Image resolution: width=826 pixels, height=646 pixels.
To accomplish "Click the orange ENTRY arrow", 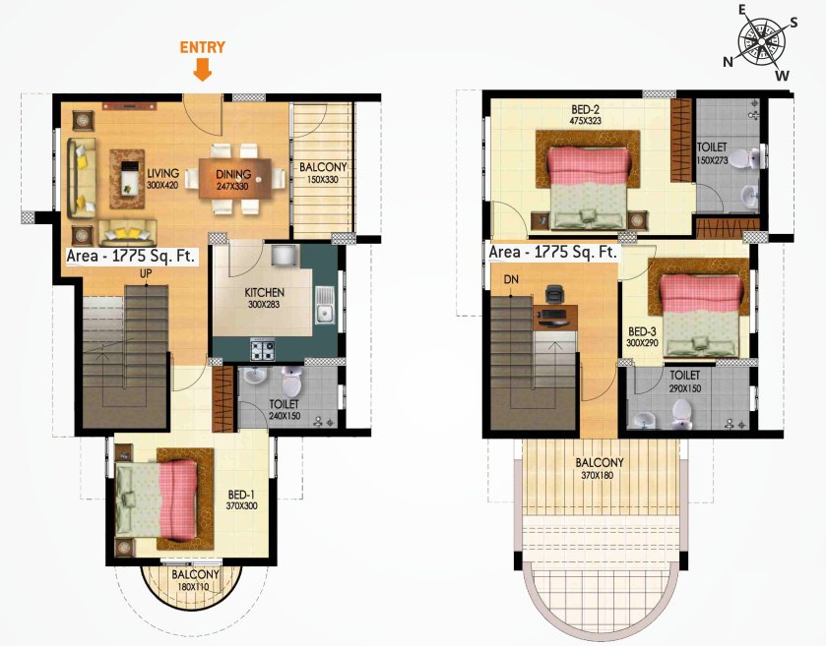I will tap(202, 69).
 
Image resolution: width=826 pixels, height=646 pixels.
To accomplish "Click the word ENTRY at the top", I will tap(202, 46).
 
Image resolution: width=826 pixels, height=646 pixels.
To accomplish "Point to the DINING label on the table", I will tap(233, 175).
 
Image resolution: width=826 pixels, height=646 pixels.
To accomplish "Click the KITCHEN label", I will tap(264, 292).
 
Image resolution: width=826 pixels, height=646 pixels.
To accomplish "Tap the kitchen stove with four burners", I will tap(263, 348).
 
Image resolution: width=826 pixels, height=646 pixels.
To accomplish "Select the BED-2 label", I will tap(585, 109).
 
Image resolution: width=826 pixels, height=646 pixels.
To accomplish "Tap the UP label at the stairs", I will tap(146, 272).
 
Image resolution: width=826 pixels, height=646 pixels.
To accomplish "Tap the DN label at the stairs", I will tap(511, 279).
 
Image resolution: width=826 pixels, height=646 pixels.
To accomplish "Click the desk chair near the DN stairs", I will tap(554, 294).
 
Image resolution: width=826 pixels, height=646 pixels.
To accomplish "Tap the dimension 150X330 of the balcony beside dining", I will tap(322, 180).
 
